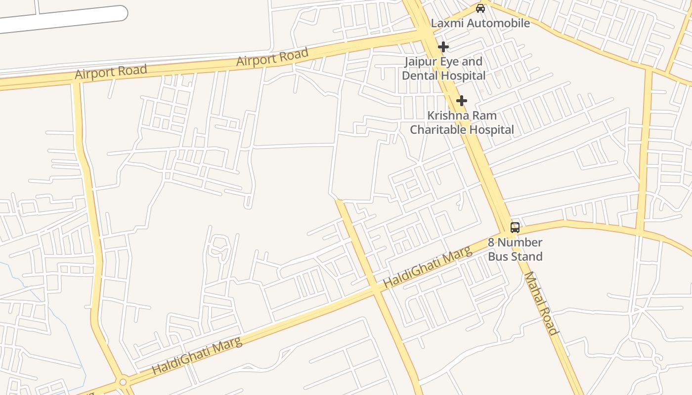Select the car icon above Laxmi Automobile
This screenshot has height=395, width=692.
point(480,8)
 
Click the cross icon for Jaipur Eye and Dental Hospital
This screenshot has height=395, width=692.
point(443,47)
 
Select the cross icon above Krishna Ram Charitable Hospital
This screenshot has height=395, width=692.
point(461,101)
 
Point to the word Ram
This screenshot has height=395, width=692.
point(485,116)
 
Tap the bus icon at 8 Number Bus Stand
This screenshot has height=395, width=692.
point(515,228)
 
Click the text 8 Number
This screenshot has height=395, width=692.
point(515,242)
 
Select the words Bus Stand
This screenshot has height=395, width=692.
point(515,256)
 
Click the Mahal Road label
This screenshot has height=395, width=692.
point(541,303)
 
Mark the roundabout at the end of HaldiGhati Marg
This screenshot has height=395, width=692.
point(123,382)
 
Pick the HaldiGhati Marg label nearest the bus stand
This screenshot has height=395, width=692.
point(428,268)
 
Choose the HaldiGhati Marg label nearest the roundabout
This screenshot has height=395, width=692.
point(197,356)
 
